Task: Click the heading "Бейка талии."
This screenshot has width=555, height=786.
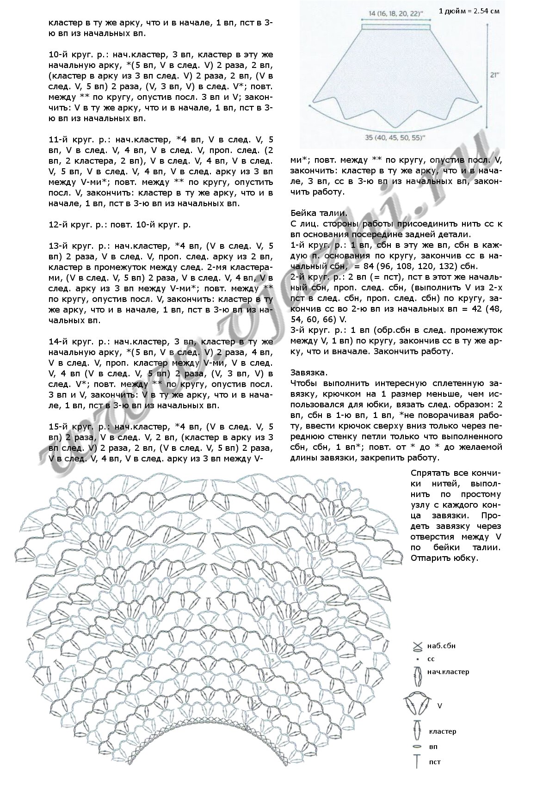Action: [319, 213]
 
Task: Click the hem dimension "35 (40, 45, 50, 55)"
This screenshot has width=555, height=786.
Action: [395, 137]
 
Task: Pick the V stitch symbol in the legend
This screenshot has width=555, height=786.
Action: [418, 705]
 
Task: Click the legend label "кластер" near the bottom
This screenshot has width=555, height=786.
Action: [442, 731]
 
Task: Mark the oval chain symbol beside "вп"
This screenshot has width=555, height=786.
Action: [418, 746]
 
